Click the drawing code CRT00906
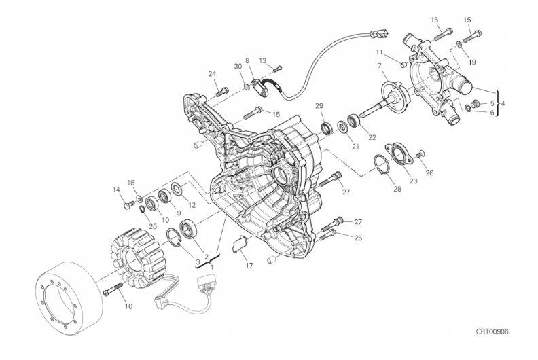(x=492, y=331)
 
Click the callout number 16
(x=128, y=306)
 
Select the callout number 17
(x=249, y=266)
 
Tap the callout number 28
(x=397, y=189)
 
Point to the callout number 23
(x=414, y=181)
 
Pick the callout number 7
(x=380, y=65)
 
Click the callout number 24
(x=212, y=73)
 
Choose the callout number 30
(x=238, y=67)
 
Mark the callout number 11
(x=379, y=52)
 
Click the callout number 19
(x=472, y=62)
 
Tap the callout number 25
(x=358, y=238)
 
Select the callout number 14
(x=116, y=189)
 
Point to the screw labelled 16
(x=113, y=288)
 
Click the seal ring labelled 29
(x=326, y=128)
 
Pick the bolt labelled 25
(x=328, y=234)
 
